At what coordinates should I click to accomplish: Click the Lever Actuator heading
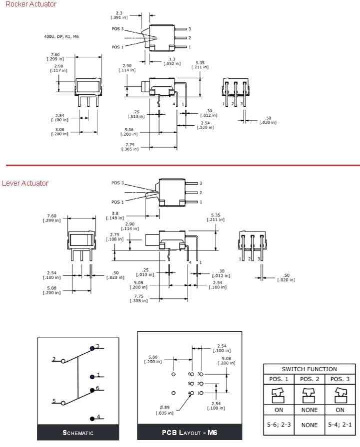(25, 183)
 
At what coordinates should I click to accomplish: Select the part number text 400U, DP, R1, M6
(61, 37)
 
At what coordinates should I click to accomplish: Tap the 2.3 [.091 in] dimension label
(118, 15)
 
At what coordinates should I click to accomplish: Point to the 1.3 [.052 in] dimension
(172, 61)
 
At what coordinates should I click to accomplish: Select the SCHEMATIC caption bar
(78, 433)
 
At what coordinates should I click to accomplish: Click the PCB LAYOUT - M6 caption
(189, 433)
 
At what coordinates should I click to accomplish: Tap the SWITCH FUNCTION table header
(309, 369)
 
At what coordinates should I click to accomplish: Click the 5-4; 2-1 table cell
(340, 425)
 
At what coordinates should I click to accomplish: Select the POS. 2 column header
(309, 379)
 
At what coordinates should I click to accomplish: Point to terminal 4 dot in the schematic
(92, 418)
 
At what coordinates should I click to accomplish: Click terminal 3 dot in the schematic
(92, 348)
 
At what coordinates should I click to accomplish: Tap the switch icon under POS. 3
(340, 395)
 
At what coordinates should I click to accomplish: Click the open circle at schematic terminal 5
(63, 402)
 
